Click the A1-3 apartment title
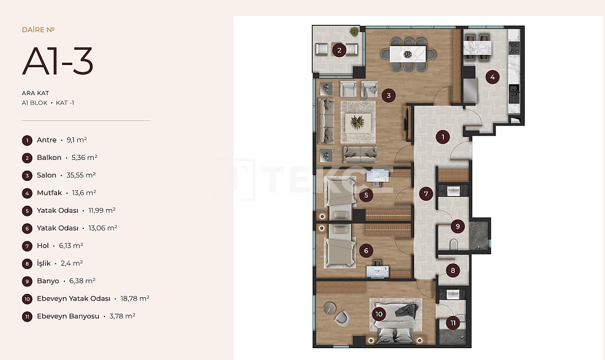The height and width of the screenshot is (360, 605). [x=58, y=62]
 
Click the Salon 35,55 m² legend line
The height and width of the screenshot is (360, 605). [x=66, y=175]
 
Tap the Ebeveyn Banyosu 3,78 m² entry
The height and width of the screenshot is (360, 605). [x=85, y=316]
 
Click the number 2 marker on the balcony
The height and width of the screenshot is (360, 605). [x=339, y=50]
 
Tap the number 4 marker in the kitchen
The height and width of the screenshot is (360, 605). [x=492, y=77]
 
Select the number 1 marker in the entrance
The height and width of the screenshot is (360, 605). [x=443, y=136]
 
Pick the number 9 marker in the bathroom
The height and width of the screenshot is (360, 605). [x=458, y=227]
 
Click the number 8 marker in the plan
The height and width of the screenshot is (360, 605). [x=452, y=271]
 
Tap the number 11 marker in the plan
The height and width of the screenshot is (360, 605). [x=452, y=323]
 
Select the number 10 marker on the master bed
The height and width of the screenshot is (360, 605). [x=378, y=314]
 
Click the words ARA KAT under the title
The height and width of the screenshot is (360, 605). [x=35, y=93]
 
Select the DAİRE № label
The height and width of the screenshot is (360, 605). [x=38, y=30]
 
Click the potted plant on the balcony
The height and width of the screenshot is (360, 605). [x=354, y=32]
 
